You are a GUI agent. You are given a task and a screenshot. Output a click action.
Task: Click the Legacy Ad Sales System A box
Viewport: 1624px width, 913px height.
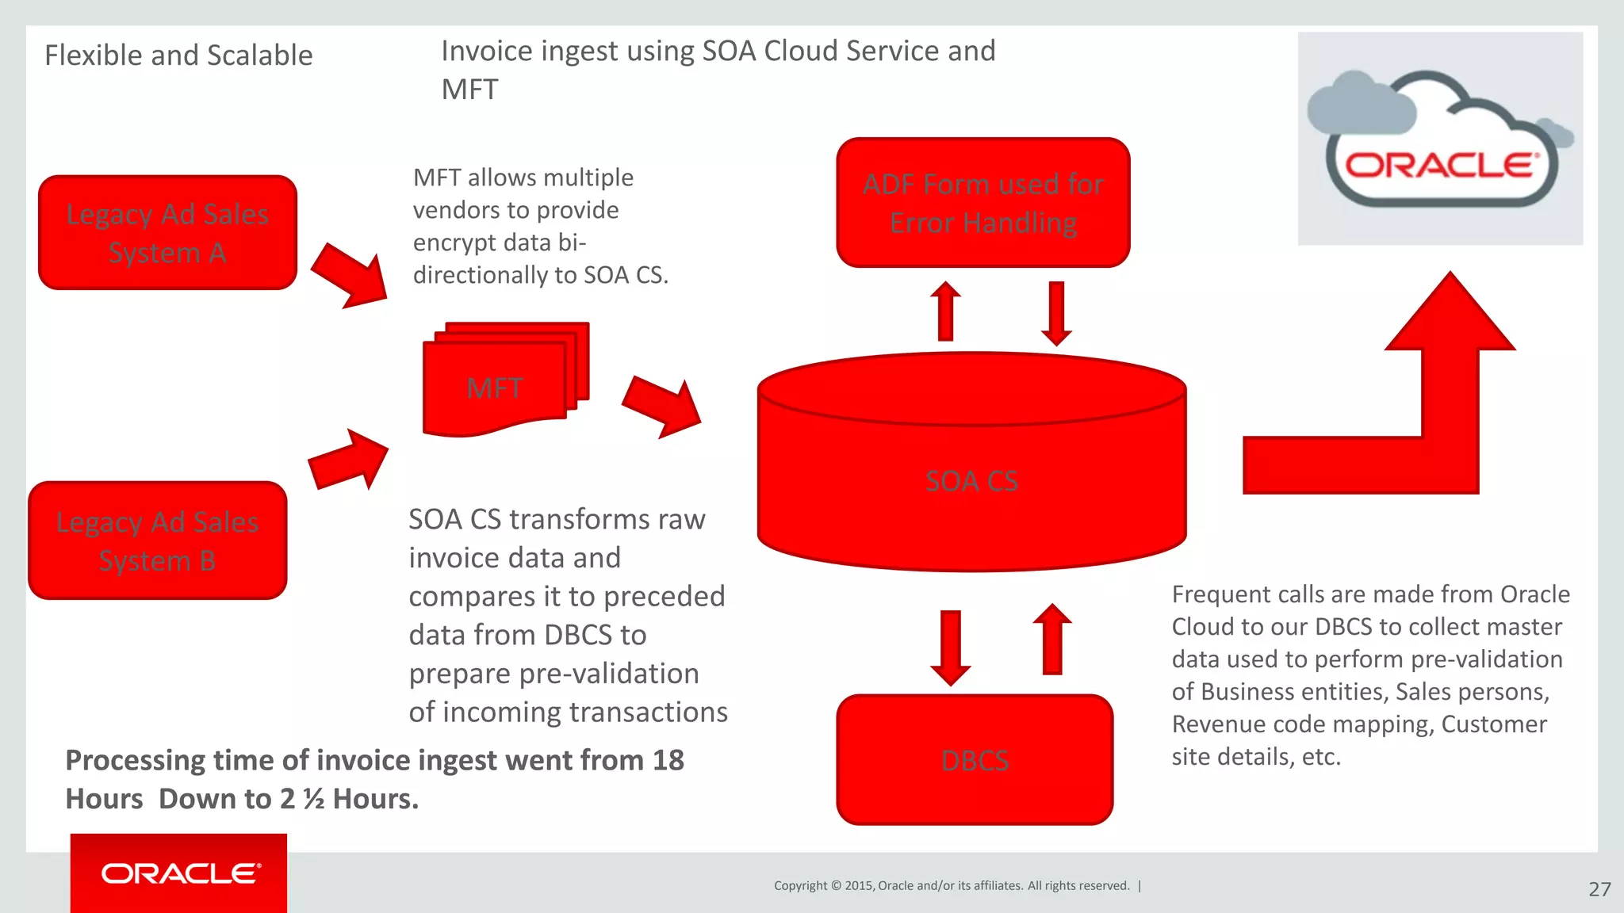pos(167,233)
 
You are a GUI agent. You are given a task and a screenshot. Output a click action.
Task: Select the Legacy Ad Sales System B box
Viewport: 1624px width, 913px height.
pos(157,541)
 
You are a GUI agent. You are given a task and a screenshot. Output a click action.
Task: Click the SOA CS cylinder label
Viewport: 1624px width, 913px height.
pos(971,481)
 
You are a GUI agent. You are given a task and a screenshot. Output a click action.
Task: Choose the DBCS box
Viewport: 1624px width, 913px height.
pos(975,760)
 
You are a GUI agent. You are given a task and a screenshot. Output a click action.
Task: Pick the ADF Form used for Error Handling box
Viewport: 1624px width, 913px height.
pos(982,203)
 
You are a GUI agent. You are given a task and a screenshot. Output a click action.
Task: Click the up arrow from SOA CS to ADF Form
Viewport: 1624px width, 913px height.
pos(945,311)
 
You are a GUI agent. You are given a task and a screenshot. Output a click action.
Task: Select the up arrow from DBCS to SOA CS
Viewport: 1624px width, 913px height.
pos(1052,640)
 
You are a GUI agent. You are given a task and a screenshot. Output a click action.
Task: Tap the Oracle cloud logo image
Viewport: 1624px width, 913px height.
pos(1440,139)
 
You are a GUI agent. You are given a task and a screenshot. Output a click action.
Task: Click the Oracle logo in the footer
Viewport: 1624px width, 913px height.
pos(179,873)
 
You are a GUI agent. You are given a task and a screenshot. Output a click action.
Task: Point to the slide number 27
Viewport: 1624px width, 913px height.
pos(1599,889)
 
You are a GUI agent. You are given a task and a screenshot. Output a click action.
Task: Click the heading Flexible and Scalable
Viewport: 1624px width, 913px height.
pos(178,55)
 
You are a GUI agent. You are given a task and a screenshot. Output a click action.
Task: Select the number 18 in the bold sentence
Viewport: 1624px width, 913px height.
pos(668,760)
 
